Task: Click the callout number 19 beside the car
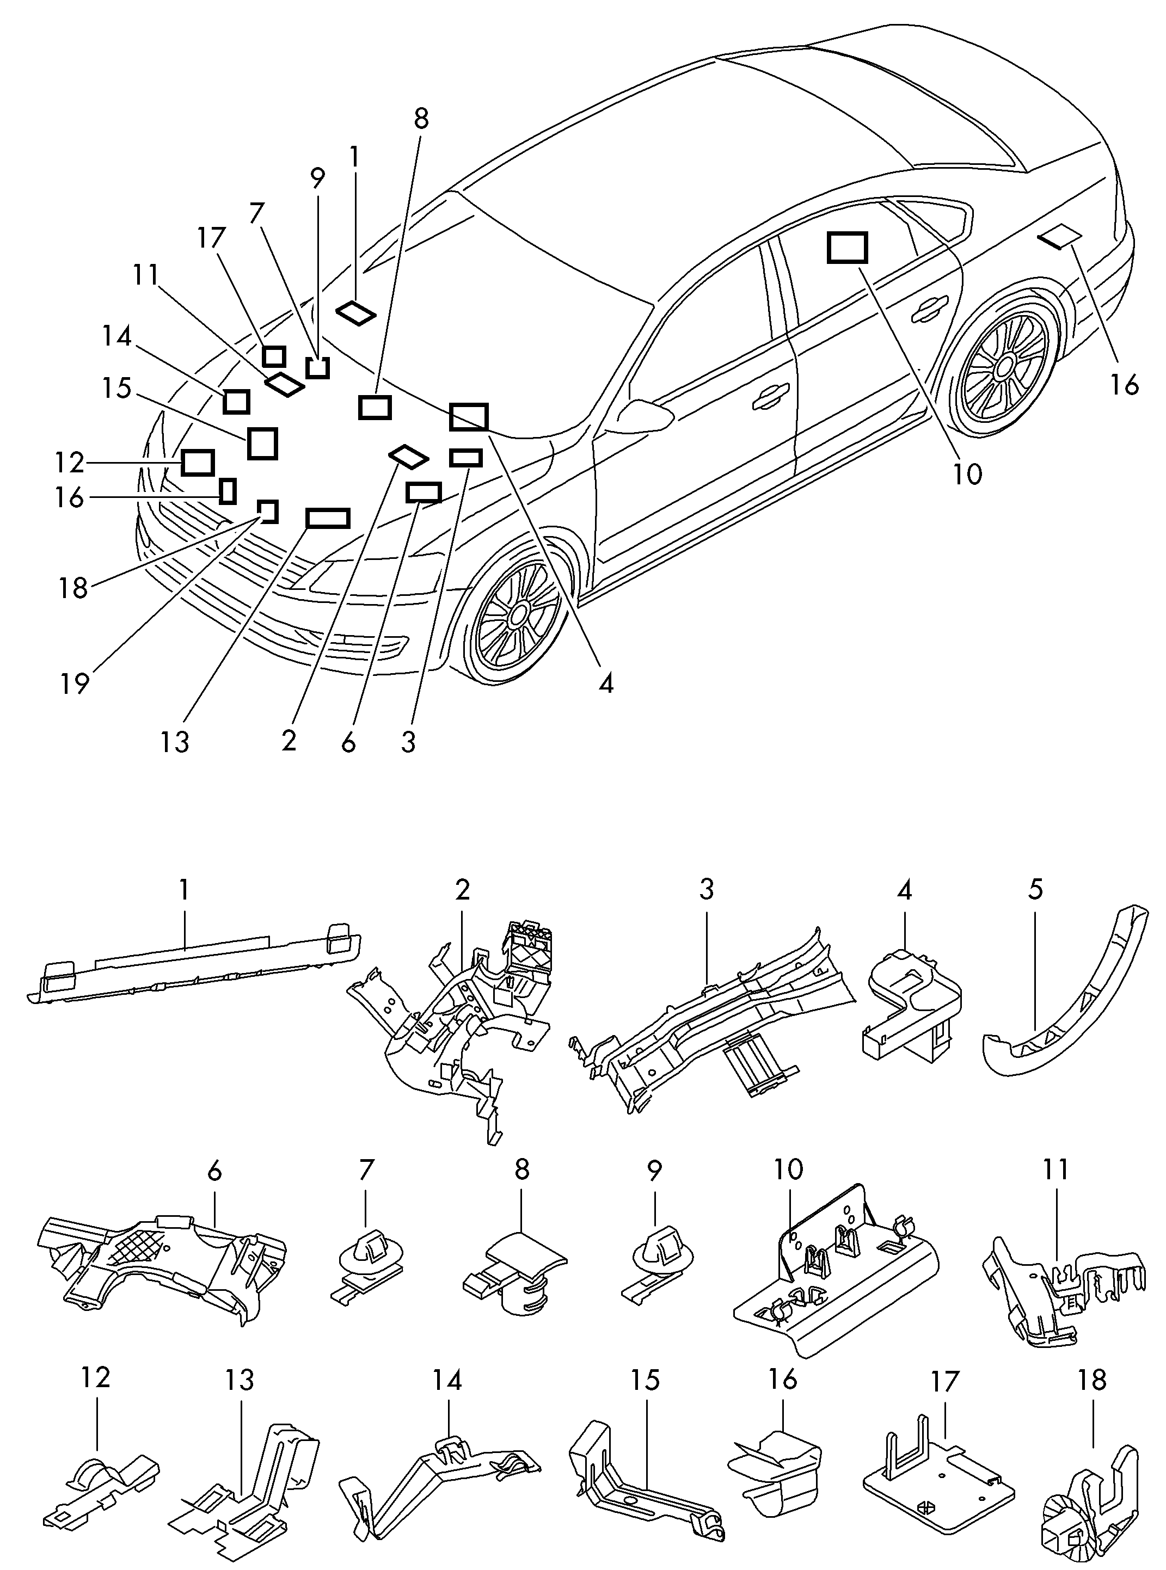click(x=75, y=683)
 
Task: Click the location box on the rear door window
click(x=847, y=248)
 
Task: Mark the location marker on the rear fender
click(x=1060, y=238)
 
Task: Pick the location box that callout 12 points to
click(x=198, y=462)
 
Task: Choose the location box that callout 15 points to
click(x=262, y=443)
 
